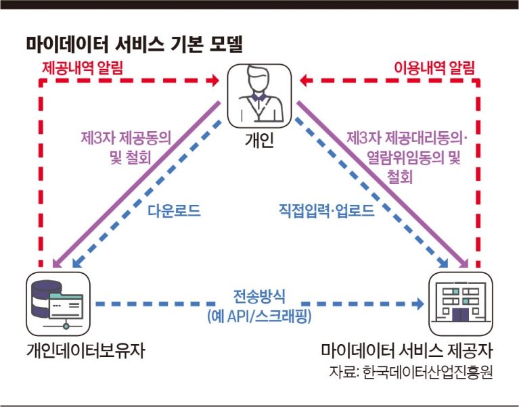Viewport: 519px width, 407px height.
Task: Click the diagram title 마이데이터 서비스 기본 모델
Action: pyautogui.click(x=135, y=45)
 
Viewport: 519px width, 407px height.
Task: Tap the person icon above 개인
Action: pyautogui.click(x=259, y=96)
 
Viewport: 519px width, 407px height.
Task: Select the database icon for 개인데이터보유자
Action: pyautogui.click(x=58, y=304)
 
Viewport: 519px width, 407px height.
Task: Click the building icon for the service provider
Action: pyautogui.click(x=460, y=304)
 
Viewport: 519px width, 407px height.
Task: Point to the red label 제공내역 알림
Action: pyautogui.click(x=83, y=68)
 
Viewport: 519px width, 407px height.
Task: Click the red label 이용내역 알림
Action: pyautogui.click(x=434, y=68)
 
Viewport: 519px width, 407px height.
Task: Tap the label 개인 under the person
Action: pyautogui.click(x=259, y=139)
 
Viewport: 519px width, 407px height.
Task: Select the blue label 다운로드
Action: pyautogui.click(x=174, y=211)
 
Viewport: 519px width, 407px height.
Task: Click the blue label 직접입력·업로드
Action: pyautogui.click(x=326, y=211)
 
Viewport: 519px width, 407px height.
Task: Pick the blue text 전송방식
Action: pyautogui.click(x=259, y=296)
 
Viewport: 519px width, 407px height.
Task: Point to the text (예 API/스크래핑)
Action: pyautogui.click(x=259, y=316)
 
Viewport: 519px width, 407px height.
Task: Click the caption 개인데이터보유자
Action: pyautogui.click(x=86, y=350)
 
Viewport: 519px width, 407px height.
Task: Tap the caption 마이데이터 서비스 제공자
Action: pyautogui.click(x=407, y=350)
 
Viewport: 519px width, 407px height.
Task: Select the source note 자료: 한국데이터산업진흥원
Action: pyautogui.click(x=411, y=372)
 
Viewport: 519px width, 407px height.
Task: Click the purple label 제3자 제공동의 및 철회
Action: pyautogui.click(x=126, y=148)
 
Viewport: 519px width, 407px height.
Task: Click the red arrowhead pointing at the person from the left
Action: pyautogui.click(x=215, y=80)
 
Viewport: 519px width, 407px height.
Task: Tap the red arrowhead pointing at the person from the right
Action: pyautogui.click(x=304, y=80)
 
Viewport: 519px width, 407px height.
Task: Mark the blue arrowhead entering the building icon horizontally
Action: pyautogui.click(x=420, y=304)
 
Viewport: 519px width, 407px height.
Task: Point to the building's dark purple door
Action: pyautogui.click(x=460, y=314)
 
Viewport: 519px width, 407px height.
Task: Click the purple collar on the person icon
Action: pyautogui.click(x=258, y=97)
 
